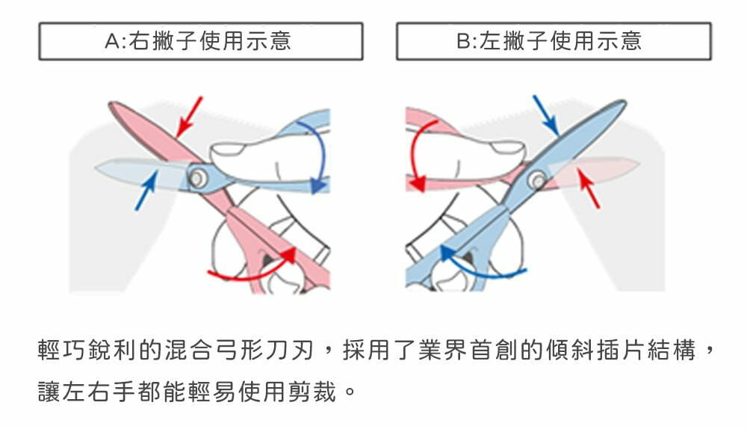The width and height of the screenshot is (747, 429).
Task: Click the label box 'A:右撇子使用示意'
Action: tap(200, 41)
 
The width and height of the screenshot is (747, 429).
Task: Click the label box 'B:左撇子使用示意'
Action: tap(553, 41)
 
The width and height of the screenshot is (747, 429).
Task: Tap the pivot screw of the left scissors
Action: tap(198, 177)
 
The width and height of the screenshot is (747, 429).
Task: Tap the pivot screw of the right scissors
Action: tap(536, 180)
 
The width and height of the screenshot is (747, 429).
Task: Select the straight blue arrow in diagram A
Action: tap(146, 191)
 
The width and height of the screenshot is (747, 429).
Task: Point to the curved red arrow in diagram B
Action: tap(415, 153)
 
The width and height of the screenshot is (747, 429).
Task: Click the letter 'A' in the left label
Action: tap(113, 41)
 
